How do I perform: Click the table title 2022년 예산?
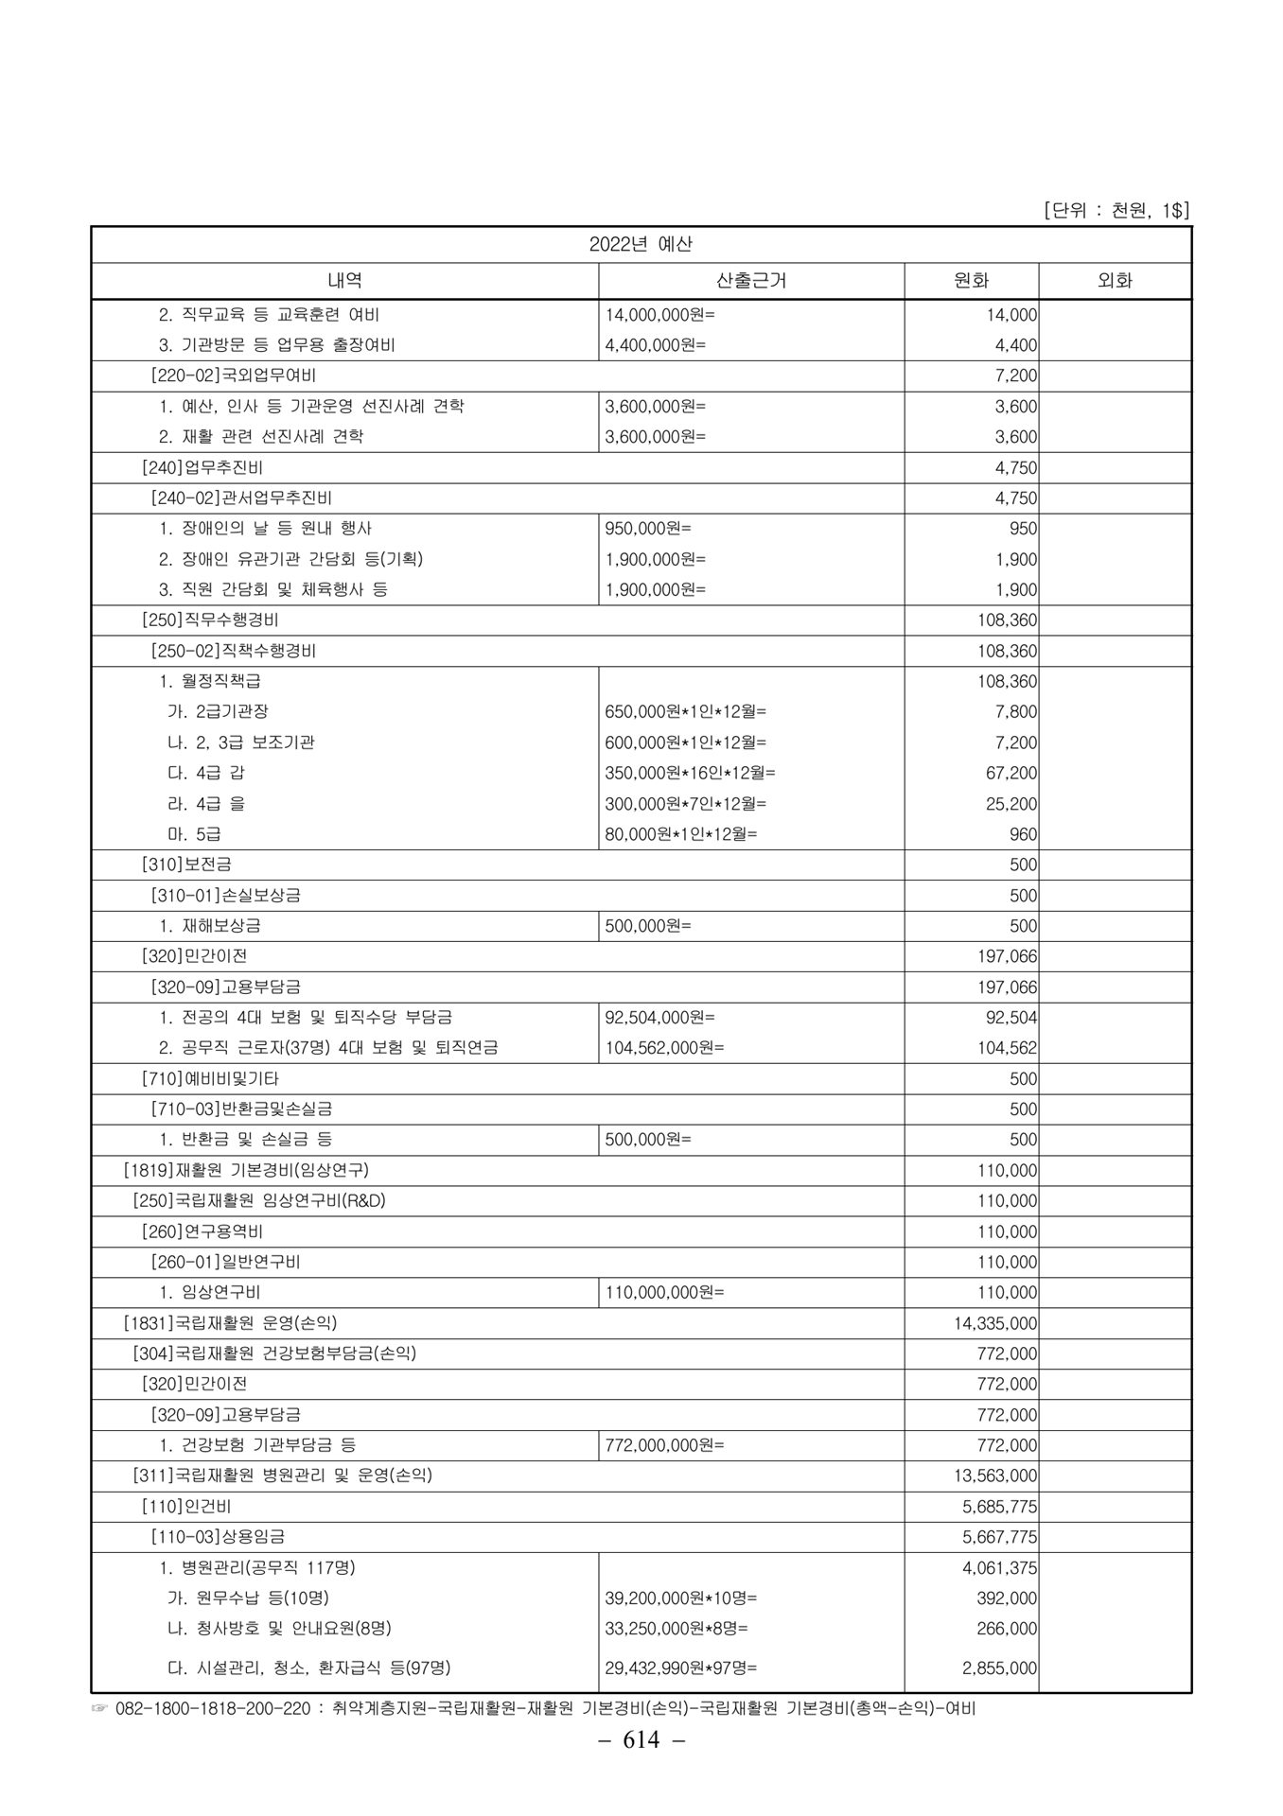pos(641,244)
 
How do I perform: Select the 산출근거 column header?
pos(751,280)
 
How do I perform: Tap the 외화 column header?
pos(1115,280)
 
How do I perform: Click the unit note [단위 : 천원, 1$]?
pos(1116,210)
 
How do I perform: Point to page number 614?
pos(641,1767)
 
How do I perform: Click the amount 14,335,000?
pos(995,1323)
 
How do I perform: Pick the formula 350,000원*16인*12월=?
pos(690,773)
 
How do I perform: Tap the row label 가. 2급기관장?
pos(211,711)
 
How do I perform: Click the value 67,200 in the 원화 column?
pos(1011,773)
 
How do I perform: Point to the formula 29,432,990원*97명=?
pos(681,1668)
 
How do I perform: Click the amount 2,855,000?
pos(999,1668)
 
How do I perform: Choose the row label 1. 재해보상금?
pos(210,926)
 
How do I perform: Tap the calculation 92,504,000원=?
pos(660,1018)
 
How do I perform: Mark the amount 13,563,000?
pos(995,1475)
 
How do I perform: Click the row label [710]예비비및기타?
pos(210,1078)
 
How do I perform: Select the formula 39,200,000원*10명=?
pos(681,1598)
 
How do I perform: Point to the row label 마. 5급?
pos(194,834)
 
